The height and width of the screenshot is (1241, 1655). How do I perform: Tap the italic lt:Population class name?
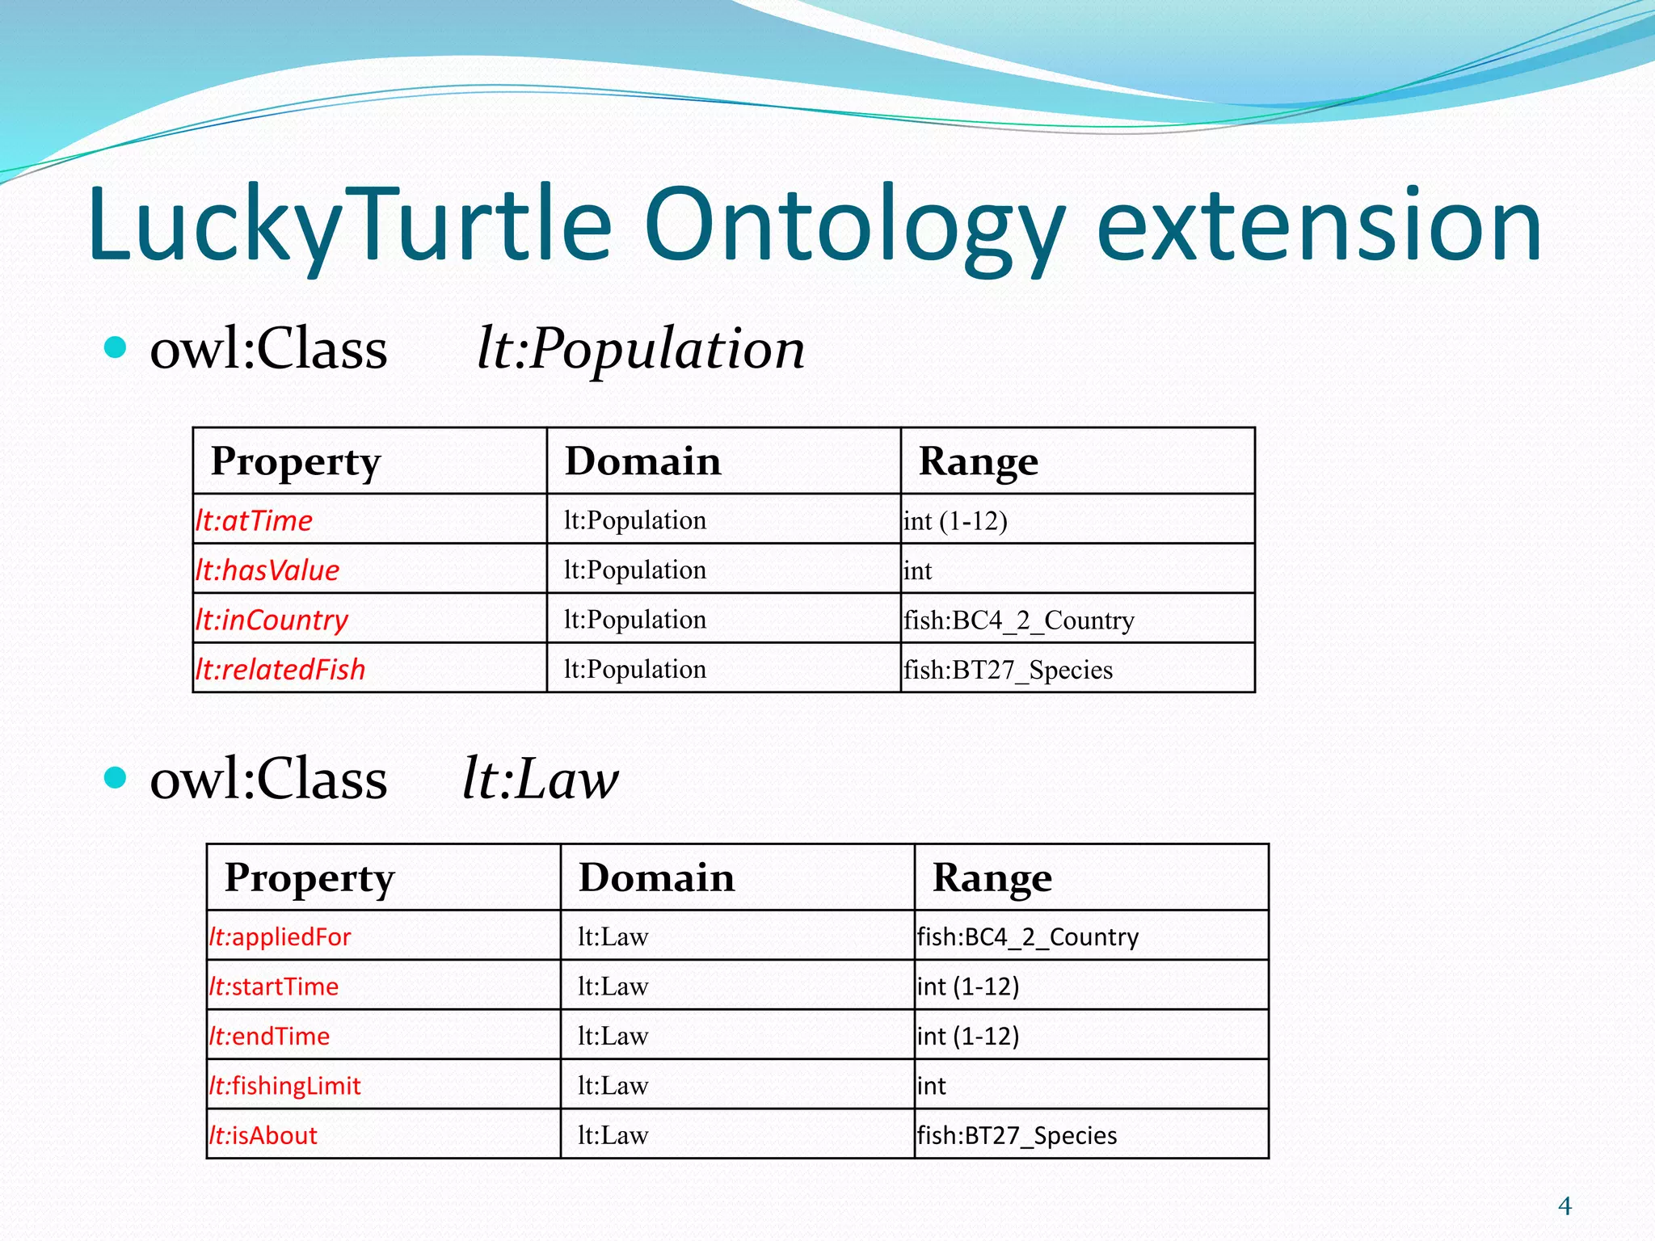click(641, 349)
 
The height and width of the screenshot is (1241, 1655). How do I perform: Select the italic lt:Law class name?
click(540, 780)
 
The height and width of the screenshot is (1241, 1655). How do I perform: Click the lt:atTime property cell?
click(254, 520)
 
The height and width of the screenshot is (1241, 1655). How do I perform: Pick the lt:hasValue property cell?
click(267, 570)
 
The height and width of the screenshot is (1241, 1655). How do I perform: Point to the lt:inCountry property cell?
click(272, 620)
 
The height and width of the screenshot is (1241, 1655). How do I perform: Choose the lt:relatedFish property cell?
click(280, 669)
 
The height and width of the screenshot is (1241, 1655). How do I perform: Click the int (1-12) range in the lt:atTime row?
click(955, 521)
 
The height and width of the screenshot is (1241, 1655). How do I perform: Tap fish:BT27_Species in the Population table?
click(1008, 670)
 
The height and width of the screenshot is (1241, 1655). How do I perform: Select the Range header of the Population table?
click(978, 461)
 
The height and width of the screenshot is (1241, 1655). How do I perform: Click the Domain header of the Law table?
click(656, 877)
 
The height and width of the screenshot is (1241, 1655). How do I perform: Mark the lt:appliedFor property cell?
click(280, 936)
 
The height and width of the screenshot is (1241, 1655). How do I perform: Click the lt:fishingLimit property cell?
click(285, 1085)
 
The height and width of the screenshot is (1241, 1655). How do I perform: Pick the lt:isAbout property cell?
click(263, 1135)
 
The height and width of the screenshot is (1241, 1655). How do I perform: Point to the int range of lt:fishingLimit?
click(931, 1086)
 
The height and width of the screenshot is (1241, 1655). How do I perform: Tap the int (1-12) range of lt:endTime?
click(968, 1036)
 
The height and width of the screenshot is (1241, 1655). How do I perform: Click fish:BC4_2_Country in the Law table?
click(1027, 936)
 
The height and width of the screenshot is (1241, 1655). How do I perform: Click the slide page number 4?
click(1564, 1205)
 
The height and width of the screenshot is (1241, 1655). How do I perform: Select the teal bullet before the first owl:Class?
click(116, 347)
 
